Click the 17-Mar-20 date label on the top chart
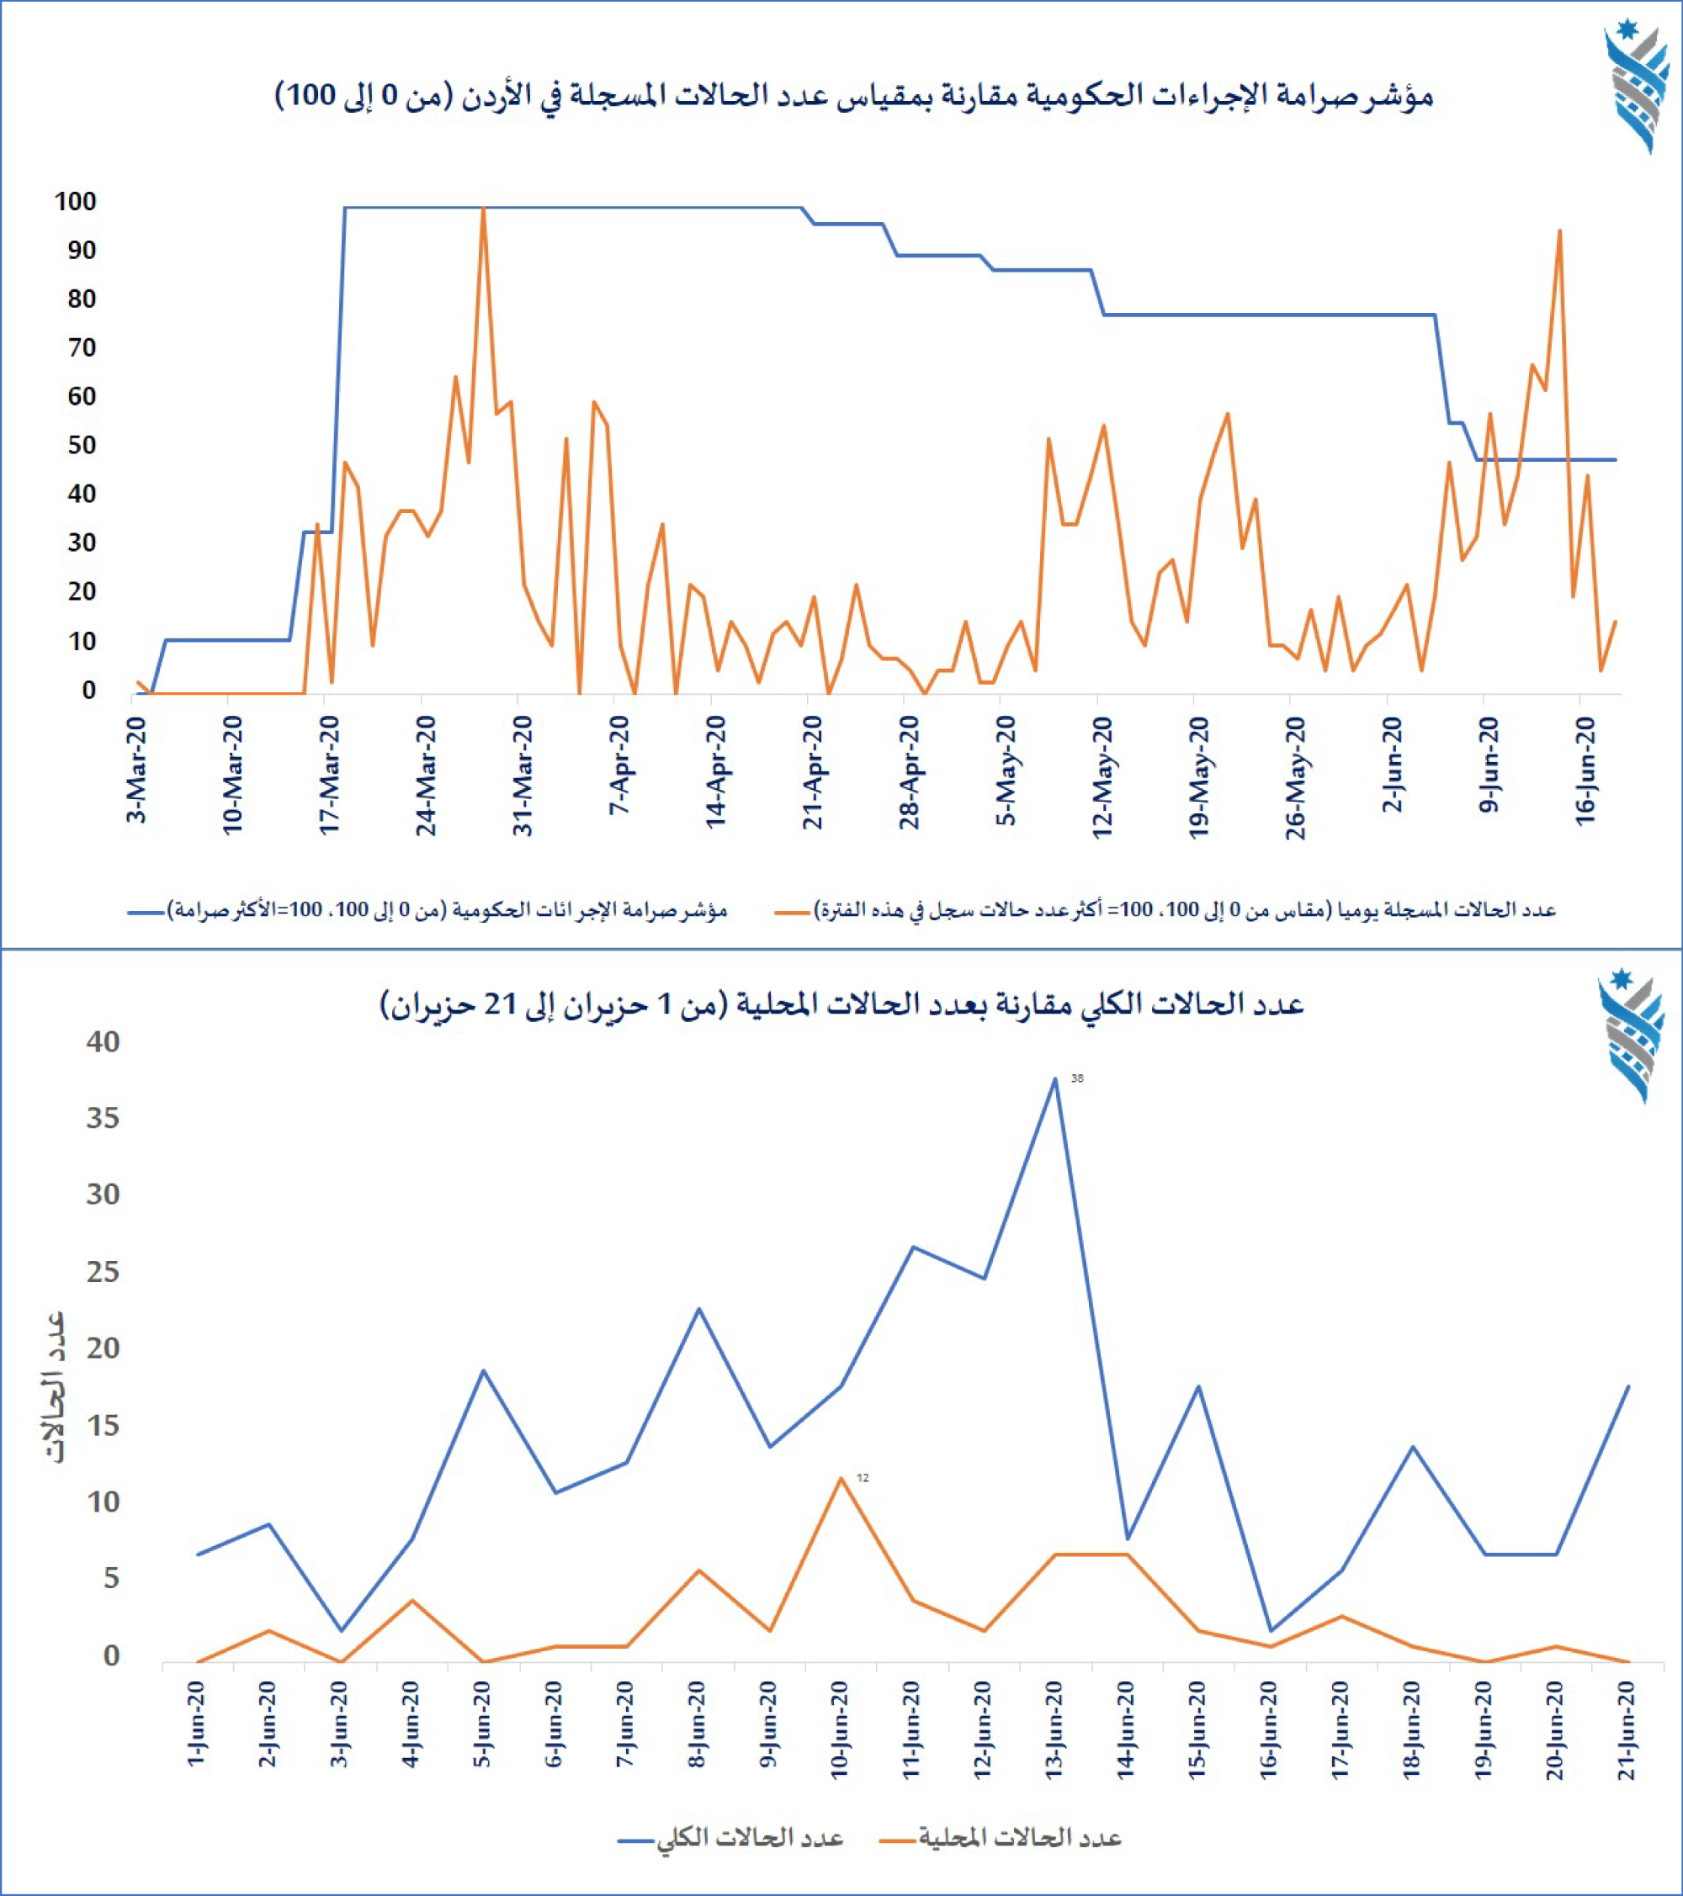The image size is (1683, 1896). click(331, 775)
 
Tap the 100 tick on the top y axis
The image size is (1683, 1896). click(75, 201)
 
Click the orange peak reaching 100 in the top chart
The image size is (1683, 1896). click(483, 209)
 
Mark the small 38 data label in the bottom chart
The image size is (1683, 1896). click(1077, 1078)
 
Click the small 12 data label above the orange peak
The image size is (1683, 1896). click(863, 1478)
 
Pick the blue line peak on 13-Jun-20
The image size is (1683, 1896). click(1055, 1078)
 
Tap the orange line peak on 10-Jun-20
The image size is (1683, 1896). click(841, 1478)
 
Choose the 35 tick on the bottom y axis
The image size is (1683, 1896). click(103, 1118)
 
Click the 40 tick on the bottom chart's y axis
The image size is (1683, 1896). click(103, 1041)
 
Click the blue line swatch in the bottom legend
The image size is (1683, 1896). click(635, 1839)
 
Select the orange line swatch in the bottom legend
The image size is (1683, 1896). click(896, 1839)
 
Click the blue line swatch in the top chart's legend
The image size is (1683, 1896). click(146, 912)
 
